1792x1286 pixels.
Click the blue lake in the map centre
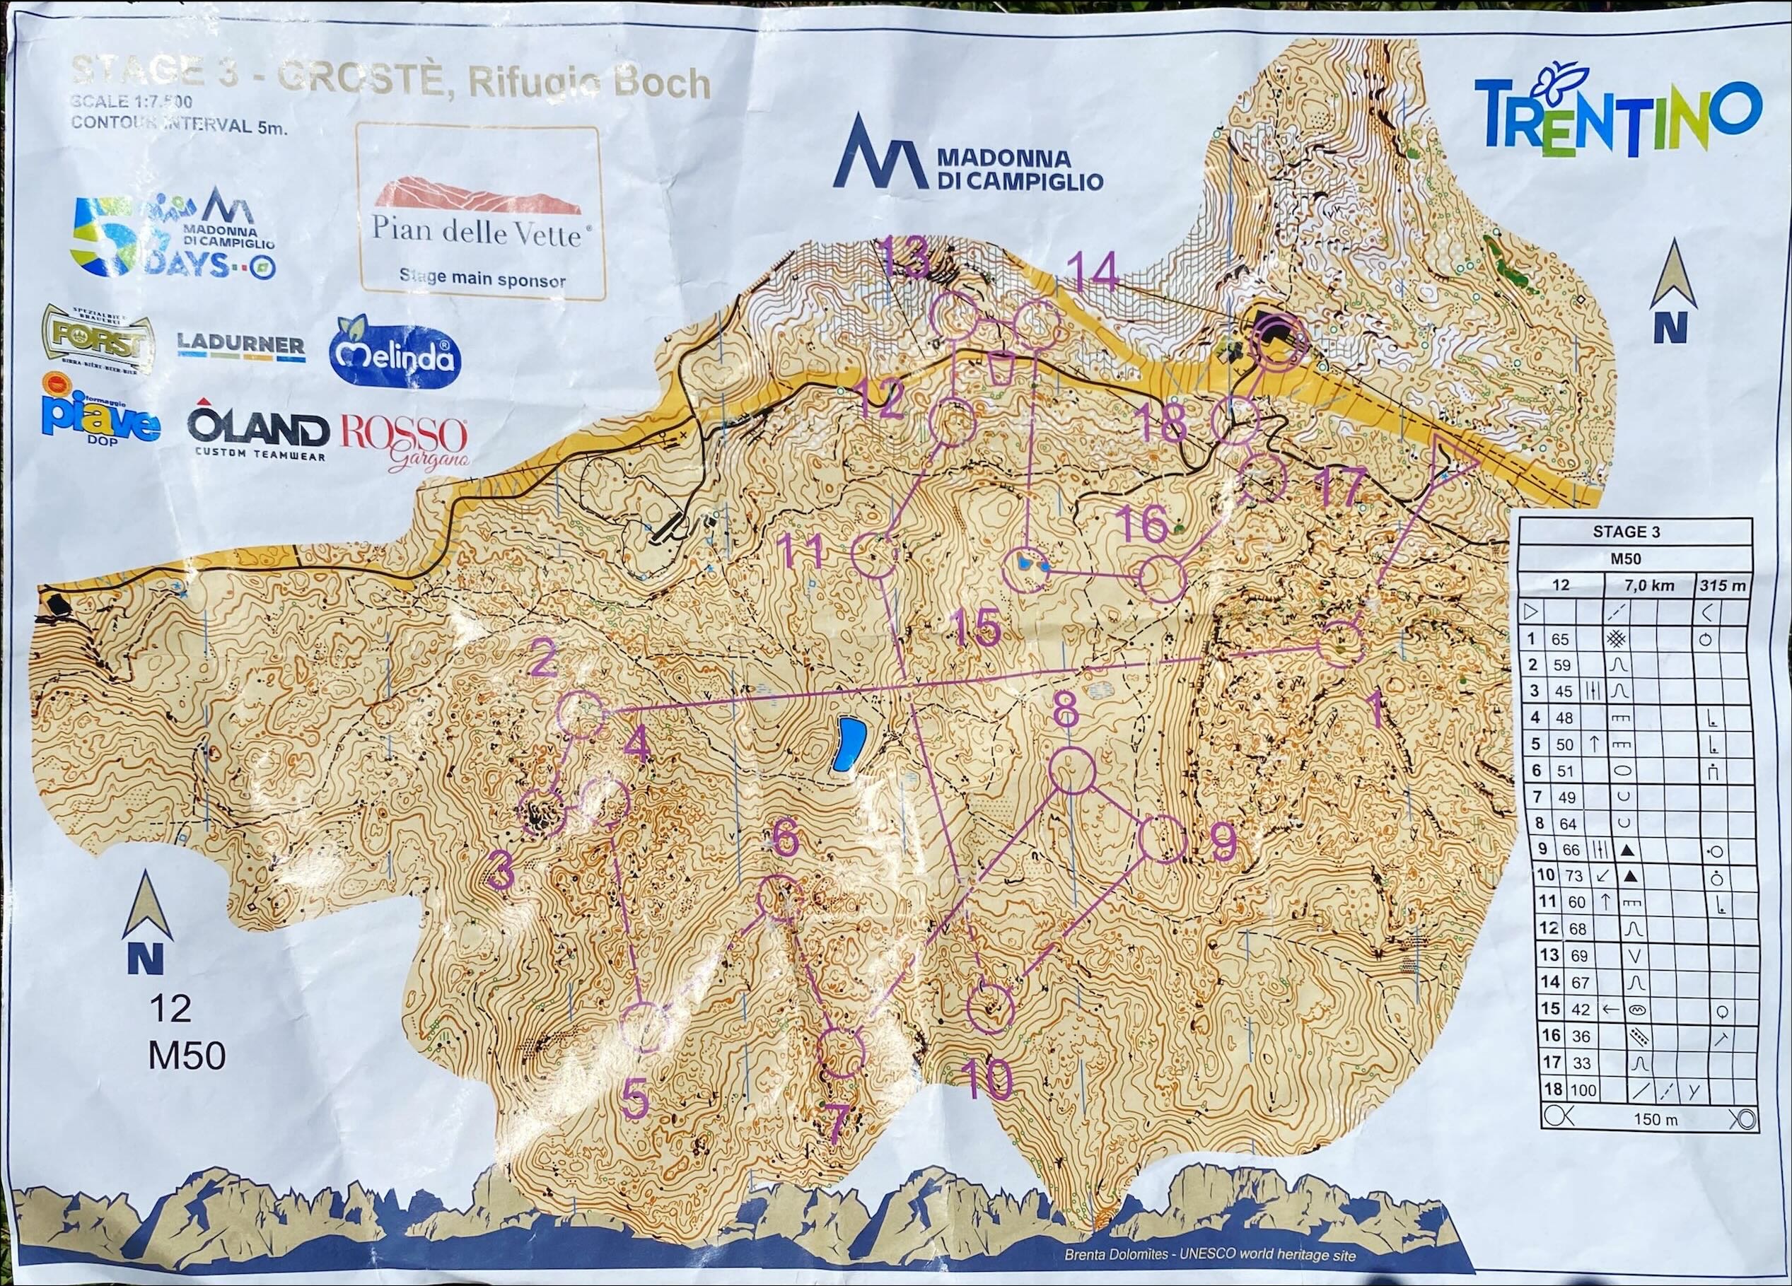click(848, 744)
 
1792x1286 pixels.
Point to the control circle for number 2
click(581, 713)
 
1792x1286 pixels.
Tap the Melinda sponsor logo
click(395, 356)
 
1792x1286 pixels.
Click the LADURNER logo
click(241, 346)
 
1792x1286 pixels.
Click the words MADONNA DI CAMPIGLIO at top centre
click(1018, 169)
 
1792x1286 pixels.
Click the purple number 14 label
click(1093, 275)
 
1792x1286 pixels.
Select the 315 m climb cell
click(1722, 585)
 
